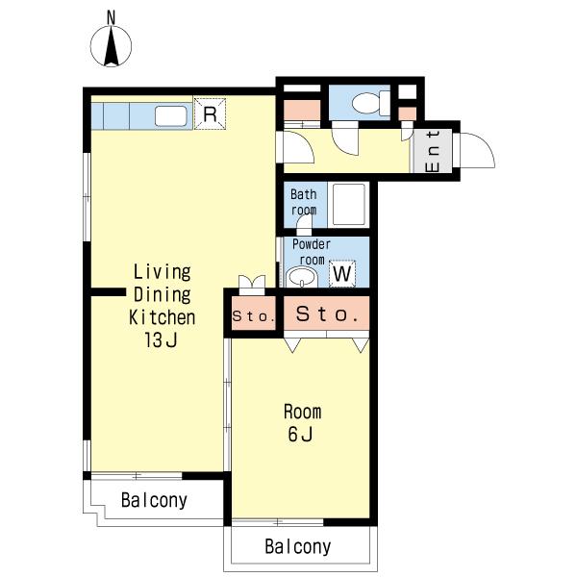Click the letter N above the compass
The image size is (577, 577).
111,17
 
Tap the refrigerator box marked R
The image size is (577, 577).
210,113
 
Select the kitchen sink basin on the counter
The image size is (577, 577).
171,116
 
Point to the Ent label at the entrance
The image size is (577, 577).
433,151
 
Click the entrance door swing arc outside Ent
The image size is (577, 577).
477,151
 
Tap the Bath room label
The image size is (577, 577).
304,202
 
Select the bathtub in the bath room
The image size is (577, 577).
349,205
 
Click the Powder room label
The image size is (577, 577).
312,252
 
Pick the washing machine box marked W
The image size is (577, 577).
342,273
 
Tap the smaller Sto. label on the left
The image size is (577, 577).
254,316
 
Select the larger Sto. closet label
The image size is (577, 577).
327,314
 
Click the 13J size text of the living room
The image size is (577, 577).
162,339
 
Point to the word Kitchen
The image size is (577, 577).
162,317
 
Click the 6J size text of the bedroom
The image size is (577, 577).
301,434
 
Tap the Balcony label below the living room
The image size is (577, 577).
154,500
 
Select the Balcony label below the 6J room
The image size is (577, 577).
298,546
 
